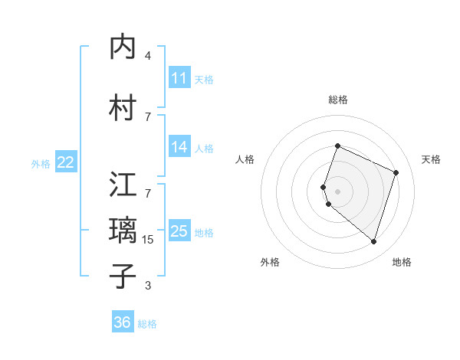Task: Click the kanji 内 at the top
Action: (x=123, y=47)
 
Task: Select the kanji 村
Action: (x=123, y=107)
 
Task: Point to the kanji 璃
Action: (x=123, y=231)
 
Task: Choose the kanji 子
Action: (x=123, y=276)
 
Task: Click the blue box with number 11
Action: (x=179, y=78)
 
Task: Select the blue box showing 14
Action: (x=179, y=147)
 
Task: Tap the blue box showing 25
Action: (x=179, y=231)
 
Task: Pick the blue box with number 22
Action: (x=66, y=162)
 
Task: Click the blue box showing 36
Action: (x=123, y=322)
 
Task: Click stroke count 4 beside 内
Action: (x=148, y=56)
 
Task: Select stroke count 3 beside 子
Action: (x=148, y=286)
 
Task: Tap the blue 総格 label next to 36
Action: (x=147, y=324)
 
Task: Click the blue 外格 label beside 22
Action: (x=41, y=163)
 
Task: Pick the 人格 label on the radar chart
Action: (x=245, y=159)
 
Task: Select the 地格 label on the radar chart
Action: (x=402, y=262)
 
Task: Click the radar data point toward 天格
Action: (x=396, y=172)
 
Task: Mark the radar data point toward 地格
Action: (x=373, y=242)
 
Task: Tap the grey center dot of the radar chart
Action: (x=338, y=191)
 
